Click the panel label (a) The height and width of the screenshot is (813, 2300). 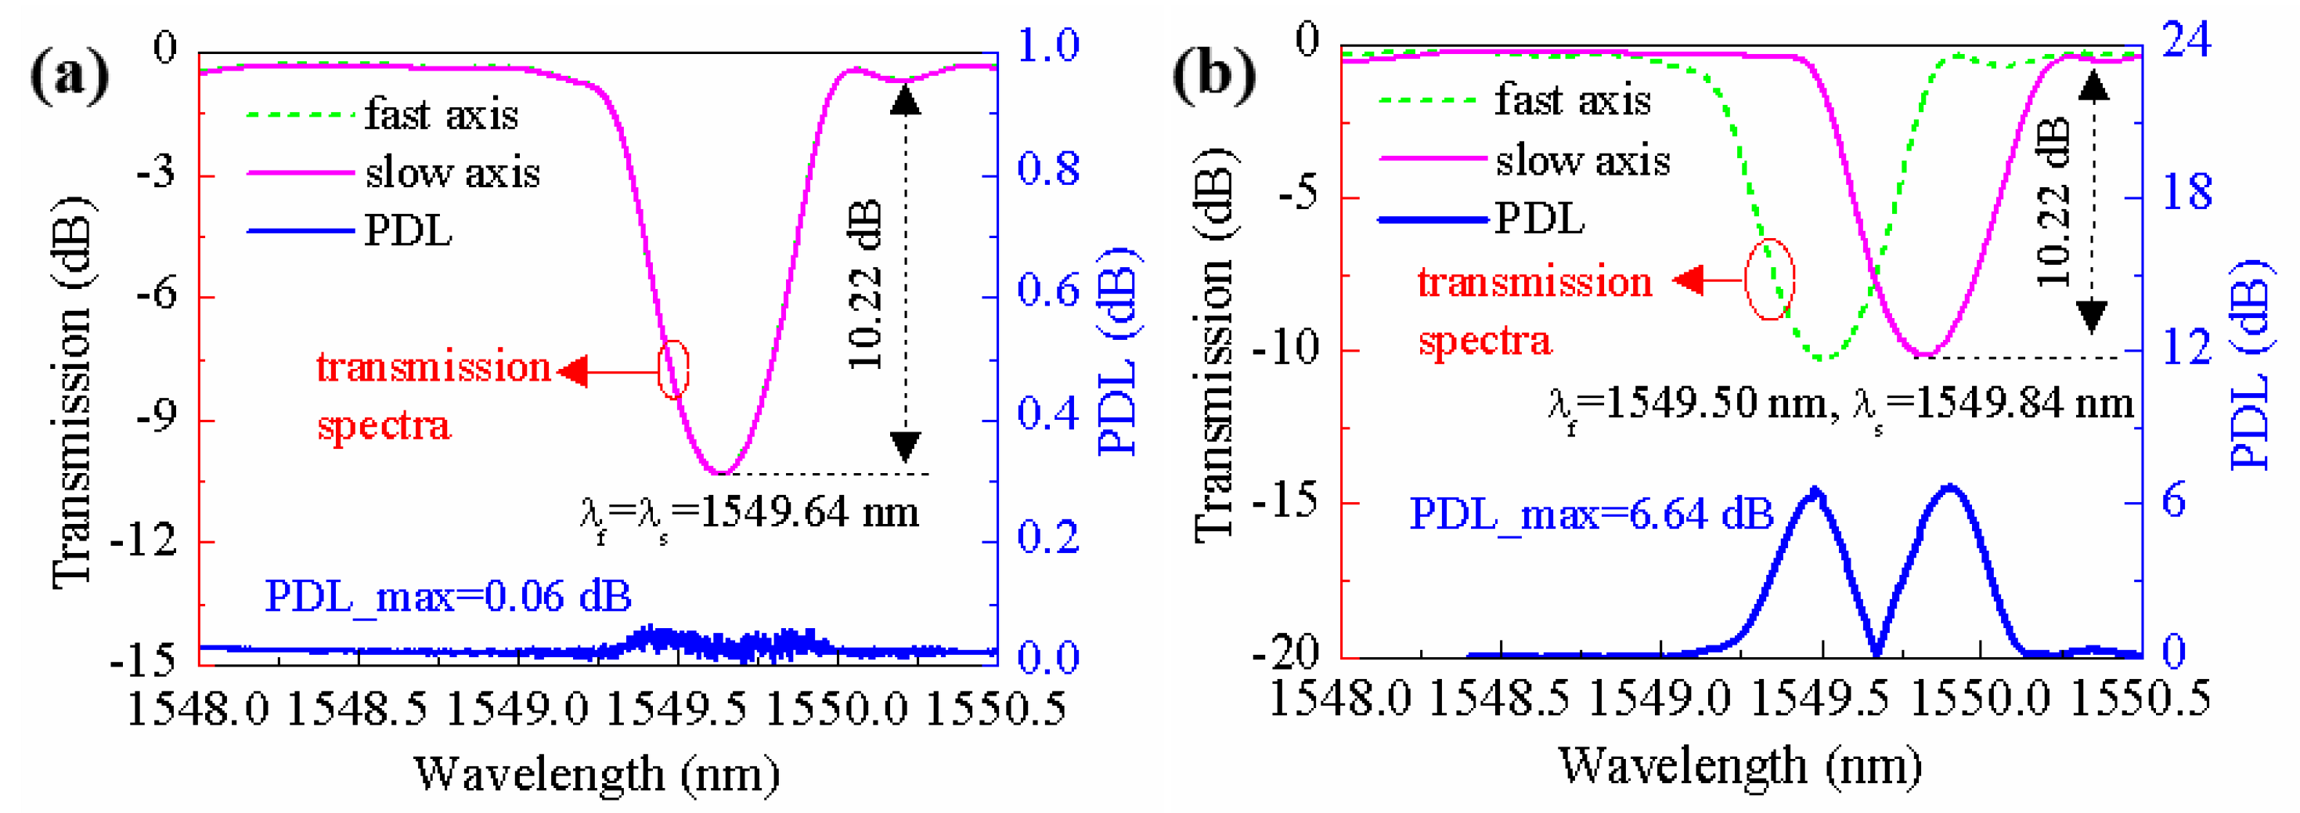[69, 75]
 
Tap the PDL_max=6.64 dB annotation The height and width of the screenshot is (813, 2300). [1591, 515]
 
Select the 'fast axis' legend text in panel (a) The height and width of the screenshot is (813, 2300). [441, 115]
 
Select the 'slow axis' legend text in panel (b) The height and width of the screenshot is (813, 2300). [1582, 161]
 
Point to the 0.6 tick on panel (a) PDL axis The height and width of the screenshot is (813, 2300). [1048, 291]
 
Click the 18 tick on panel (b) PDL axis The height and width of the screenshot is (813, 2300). [2186, 193]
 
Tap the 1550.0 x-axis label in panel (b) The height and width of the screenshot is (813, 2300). [1981, 698]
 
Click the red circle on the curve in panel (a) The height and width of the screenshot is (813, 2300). [673, 369]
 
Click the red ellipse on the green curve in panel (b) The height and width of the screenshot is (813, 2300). [1770, 279]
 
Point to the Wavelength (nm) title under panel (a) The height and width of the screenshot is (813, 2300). [597, 774]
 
